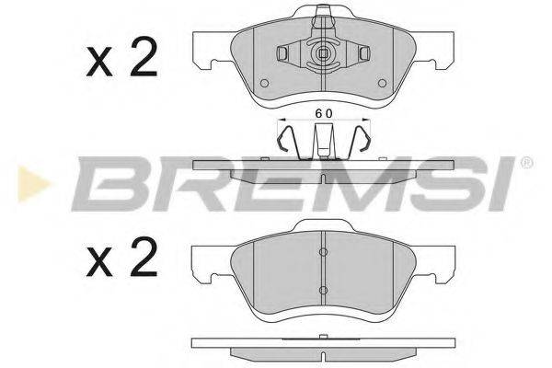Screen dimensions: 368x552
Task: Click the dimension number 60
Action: click(322, 111)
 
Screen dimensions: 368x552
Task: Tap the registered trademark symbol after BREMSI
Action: click(525, 162)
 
